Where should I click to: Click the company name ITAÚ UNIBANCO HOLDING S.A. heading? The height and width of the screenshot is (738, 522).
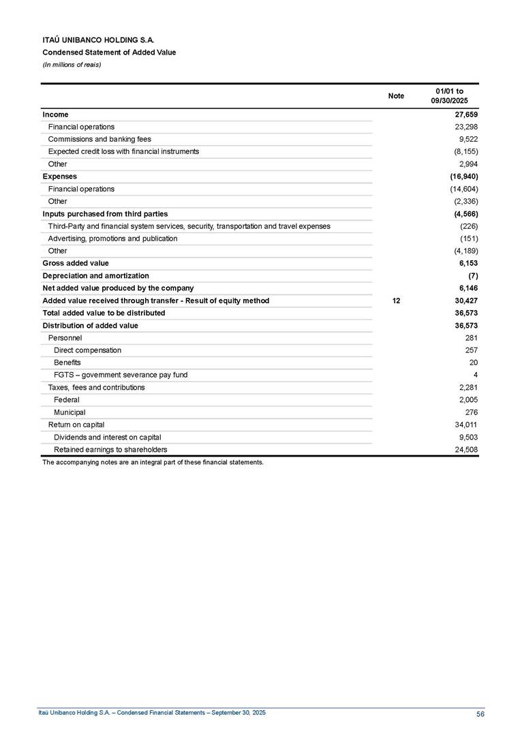[x=103, y=41]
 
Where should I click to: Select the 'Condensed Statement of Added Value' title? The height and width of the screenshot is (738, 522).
[x=109, y=52]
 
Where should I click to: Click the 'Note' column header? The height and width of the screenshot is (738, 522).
[x=395, y=96]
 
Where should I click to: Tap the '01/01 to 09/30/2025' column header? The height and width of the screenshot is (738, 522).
[x=449, y=96]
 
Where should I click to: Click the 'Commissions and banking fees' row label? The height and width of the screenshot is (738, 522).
[x=99, y=139]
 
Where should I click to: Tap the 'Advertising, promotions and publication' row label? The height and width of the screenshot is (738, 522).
[x=112, y=239]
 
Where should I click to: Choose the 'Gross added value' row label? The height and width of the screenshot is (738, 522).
[x=75, y=263]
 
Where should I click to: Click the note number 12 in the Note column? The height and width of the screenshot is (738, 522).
[x=396, y=301]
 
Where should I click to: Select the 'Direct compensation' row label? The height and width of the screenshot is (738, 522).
[x=87, y=350]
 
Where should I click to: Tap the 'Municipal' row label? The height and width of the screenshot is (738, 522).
[x=70, y=412]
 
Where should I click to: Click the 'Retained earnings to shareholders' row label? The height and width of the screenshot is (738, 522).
[x=110, y=450]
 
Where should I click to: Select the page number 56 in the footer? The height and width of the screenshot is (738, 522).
[x=480, y=713]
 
